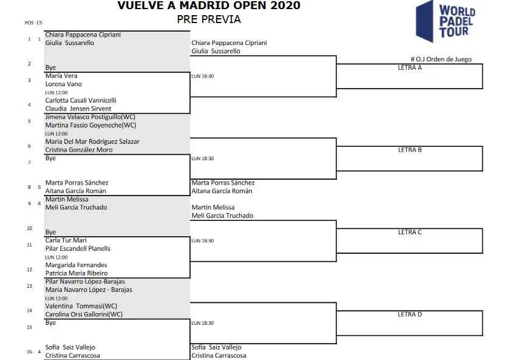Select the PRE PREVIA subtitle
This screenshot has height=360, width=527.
pyautogui.click(x=209, y=19)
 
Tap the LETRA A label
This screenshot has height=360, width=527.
pyautogui.click(x=410, y=67)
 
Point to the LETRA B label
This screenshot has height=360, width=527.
pyautogui.click(x=410, y=150)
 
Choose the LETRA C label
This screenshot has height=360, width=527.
pyautogui.click(x=410, y=232)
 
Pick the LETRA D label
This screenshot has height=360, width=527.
pyautogui.click(x=410, y=314)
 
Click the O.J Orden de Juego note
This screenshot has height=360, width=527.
pyautogui.click(x=441, y=59)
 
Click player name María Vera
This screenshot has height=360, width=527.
pyautogui.click(x=61, y=76)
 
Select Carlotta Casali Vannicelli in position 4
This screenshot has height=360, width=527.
pyautogui.click(x=81, y=101)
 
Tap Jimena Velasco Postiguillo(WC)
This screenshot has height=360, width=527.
pyautogui.click(x=90, y=117)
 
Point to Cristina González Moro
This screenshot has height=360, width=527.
pyautogui.click(x=79, y=150)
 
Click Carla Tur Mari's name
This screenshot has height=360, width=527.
pyautogui.click(x=66, y=240)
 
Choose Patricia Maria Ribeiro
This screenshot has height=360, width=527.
pyautogui.click(x=76, y=273)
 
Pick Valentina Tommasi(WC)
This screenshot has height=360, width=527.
pyautogui.click(x=81, y=306)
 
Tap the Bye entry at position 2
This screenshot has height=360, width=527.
pyautogui.click(x=50, y=67)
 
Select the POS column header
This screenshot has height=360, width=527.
pyautogui.click(x=29, y=23)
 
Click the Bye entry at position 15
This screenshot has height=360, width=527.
pyautogui.click(x=50, y=323)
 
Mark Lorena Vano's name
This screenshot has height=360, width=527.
pyautogui.click(x=63, y=84)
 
